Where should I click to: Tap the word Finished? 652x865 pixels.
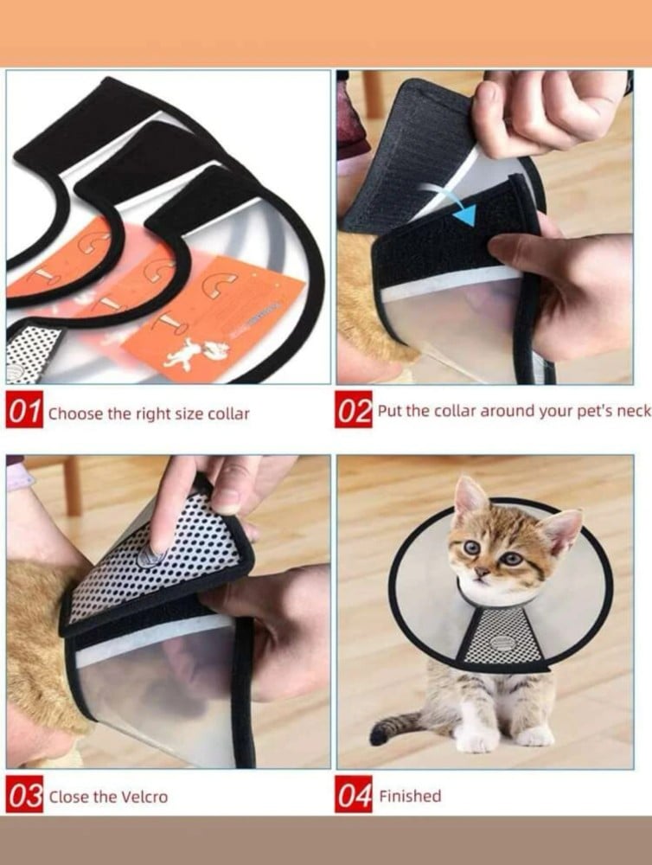[410, 796]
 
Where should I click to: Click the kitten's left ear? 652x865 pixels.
[563, 530]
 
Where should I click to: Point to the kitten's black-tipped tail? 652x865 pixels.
[396, 726]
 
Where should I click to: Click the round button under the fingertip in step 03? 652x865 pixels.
[150, 556]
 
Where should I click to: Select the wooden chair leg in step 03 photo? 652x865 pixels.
[72, 486]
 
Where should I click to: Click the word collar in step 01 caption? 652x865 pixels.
[229, 413]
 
